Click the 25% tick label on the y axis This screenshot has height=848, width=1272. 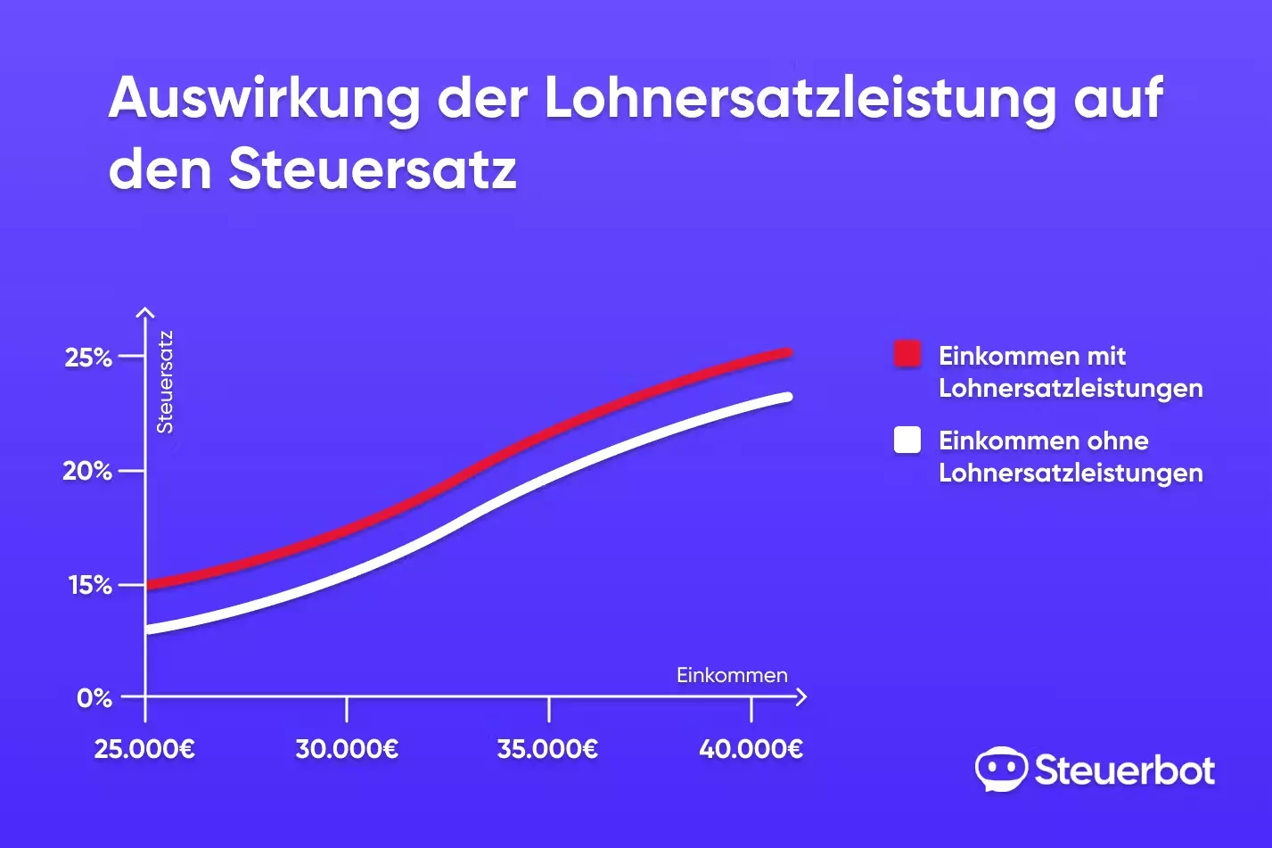tap(88, 358)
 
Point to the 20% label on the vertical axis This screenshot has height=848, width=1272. tap(87, 471)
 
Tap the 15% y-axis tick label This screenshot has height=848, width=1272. tap(90, 585)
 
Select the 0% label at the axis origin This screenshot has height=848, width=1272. tap(94, 697)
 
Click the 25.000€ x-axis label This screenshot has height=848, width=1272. tap(144, 749)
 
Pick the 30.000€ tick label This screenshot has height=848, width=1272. tap(347, 749)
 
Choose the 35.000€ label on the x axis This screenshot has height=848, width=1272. tap(547, 749)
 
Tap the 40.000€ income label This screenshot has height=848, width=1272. tap(751, 749)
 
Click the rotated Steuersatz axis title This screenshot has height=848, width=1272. tap(165, 382)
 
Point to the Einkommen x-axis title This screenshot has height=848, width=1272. tap(732, 675)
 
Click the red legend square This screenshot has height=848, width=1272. tap(907, 354)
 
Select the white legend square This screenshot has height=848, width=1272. tap(907, 440)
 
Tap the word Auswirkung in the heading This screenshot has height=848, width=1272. tap(264, 98)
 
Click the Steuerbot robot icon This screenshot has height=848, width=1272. tap(1000, 770)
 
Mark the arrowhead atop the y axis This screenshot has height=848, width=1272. tap(145, 313)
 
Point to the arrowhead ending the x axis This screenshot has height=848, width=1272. tap(800, 696)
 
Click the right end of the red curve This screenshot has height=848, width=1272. tap(787, 353)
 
